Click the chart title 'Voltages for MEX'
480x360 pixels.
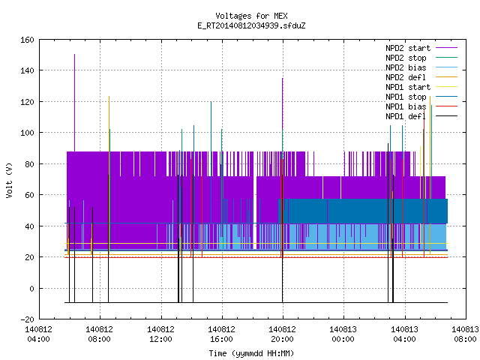251,16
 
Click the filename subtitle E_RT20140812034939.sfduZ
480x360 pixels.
251,25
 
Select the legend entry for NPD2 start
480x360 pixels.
421,48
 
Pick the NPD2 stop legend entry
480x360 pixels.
421,58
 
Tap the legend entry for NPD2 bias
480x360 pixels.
421,67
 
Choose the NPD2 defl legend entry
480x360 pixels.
421,77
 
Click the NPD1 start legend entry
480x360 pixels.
421,87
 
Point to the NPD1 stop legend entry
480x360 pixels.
421,97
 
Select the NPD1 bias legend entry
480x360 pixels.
421,106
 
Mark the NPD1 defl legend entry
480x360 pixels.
421,117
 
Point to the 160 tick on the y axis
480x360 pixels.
27,40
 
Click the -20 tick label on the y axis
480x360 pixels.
27,319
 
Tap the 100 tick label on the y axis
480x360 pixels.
27,133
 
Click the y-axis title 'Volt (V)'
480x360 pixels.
10,180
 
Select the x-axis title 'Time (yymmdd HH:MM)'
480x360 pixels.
251,353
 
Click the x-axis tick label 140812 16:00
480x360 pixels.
221,334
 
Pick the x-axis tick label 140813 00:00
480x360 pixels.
343,334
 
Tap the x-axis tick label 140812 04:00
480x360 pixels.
38,334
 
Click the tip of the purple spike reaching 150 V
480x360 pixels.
74,55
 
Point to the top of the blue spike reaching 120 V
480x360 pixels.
211,102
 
